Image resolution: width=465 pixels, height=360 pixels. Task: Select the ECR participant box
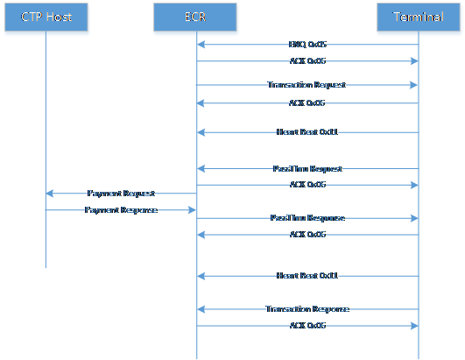(195, 18)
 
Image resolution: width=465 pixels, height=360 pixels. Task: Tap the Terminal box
(418, 18)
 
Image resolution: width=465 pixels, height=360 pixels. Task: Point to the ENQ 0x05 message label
(306, 44)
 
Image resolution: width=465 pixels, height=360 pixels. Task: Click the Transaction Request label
(306, 85)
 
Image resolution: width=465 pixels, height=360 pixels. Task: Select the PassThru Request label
(306, 168)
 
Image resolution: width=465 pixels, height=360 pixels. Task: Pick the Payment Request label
(121, 193)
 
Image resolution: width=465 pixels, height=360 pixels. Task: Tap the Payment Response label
(121, 210)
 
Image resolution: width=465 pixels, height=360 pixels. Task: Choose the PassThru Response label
(306, 217)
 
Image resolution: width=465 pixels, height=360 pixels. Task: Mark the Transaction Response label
(306, 308)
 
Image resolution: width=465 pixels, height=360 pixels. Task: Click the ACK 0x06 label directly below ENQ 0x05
(306, 61)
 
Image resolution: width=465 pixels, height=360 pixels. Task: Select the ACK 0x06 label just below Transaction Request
(306, 102)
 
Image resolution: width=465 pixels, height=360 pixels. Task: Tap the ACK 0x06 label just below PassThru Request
(306, 185)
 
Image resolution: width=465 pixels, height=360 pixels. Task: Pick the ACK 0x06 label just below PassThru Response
(306, 235)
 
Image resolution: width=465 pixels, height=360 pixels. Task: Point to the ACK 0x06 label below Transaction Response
(306, 325)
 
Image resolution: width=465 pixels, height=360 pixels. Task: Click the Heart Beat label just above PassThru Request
(306, 132)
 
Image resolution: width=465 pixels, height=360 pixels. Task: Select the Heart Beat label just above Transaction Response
(306, 275)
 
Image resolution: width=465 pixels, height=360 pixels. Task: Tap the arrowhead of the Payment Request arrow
(50, 193)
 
